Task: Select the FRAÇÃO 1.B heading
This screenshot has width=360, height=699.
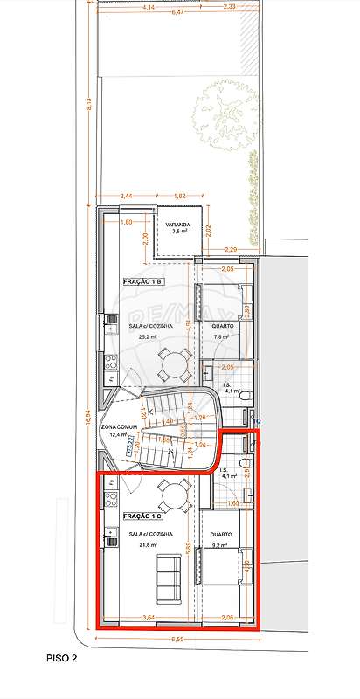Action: (x=143, y=282)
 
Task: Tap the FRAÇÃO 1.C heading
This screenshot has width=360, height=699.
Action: (x=143, y=517)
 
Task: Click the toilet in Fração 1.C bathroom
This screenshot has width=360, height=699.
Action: (x=248, y=464)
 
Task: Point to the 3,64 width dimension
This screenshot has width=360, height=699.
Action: (x=150, y=619)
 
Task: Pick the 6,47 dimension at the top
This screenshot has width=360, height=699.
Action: (x=177, y=13)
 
